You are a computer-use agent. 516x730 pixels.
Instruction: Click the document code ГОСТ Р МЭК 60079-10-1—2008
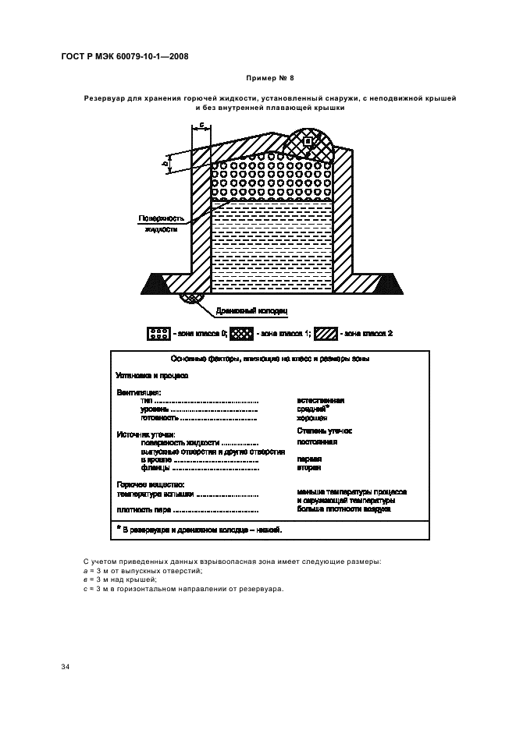tap(124, 56)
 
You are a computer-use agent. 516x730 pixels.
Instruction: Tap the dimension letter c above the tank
tap(201, 124)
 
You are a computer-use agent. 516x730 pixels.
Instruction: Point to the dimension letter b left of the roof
tap(165, 163)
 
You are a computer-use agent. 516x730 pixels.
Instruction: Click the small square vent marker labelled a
tap(308, 141)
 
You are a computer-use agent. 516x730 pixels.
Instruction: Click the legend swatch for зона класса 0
tap(158, 334)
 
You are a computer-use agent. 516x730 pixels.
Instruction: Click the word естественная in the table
tap(321, 400)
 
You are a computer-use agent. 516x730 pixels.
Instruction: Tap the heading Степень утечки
tap(324, 430)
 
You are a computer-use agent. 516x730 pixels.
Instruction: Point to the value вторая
tap(309, 469)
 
